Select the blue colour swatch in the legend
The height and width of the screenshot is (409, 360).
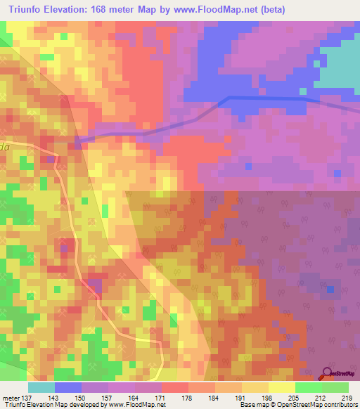pyautogui.click(x=67, y=387)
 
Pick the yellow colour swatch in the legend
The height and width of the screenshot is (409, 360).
pyautogui.click(x=281, y=387)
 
